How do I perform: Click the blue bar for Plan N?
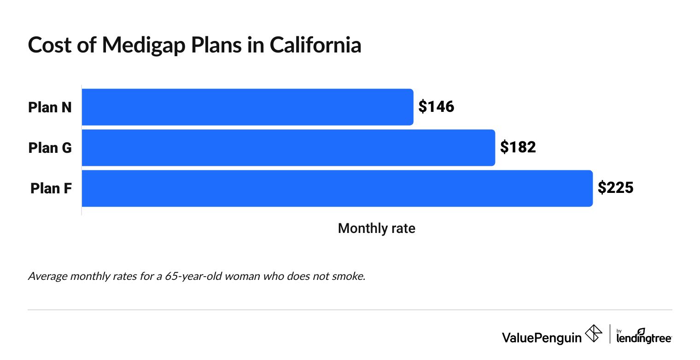(247, 107)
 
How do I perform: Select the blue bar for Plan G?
(288, 148)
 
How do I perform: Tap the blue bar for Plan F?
(337, 188)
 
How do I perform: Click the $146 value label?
(436, 107)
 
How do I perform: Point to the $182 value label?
(518, 148)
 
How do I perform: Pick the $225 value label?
(616, 188)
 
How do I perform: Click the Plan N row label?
(50, 107)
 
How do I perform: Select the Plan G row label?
(50, 148)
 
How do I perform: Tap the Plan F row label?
(51, 188)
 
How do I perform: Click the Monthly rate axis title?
(376, 228)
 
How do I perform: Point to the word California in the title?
(315, 45)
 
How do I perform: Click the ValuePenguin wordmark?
(542, 337)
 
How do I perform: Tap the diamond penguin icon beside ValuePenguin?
(593, 334)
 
